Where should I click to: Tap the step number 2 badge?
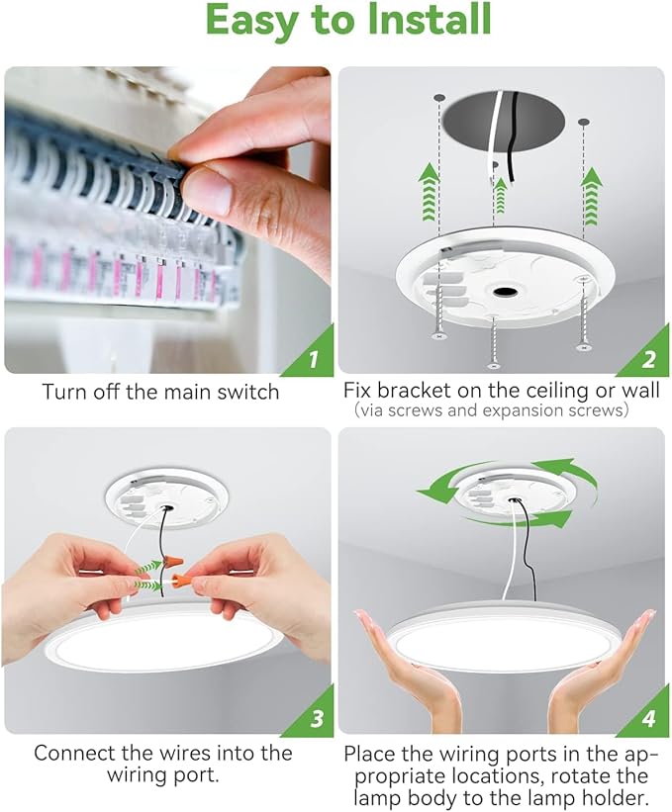pos(647,359)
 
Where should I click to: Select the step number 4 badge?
pos(647,719)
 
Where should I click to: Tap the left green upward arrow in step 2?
pos(427,191)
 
